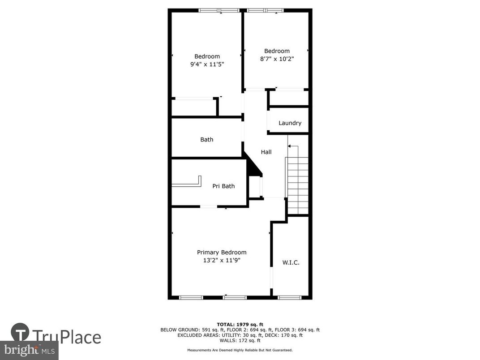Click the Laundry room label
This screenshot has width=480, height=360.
[x=290, y=123]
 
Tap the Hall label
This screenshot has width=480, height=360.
[x=266, y=152]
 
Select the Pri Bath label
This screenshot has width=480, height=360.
[x=223, y=186]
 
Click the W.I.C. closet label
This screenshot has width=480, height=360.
[x=291, y=262]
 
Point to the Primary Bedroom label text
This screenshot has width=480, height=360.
[x=222, y=253]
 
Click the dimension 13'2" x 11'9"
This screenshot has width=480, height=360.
[x=222, y=260]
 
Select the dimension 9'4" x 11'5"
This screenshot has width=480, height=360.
[x=207, y=64]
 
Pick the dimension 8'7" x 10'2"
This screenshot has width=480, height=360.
[x=277, y=59]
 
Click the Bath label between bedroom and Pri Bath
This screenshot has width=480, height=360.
[x=207, y=140]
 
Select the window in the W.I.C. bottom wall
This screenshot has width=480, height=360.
[x=290, y=297]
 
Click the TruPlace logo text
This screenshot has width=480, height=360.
[x=67, y=337]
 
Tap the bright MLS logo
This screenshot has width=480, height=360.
[x=29, y=350]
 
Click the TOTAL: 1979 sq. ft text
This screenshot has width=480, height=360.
[x=240, y=324]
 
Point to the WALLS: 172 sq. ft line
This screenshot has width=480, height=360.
[x=240, y=341]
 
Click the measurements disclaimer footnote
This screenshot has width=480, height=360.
[x=240, y=350]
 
